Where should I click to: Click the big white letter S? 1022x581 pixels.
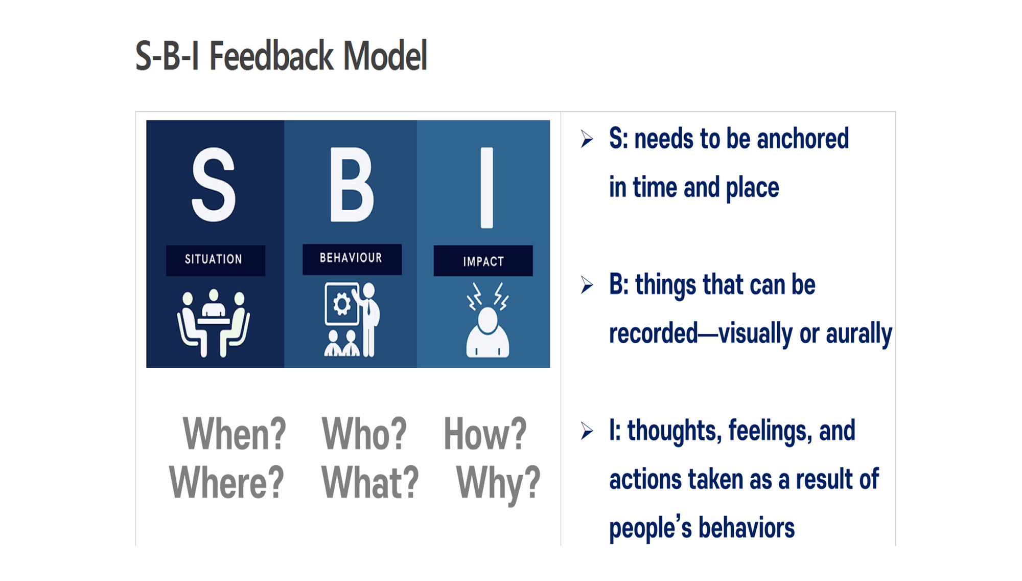click(214, 185)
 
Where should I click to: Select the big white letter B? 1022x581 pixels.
click(352, 185)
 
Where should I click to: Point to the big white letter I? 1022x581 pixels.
click(487, 188)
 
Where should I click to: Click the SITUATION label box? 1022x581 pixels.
click(215, 260)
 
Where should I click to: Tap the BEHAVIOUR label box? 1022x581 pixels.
click(352, 259)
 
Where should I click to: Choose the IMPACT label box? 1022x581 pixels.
click(483, 261)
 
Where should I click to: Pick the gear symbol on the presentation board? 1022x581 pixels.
click(342, 304)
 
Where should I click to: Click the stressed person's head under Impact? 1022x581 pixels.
click(487, 321)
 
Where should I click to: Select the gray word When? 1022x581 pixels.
click(234, 434)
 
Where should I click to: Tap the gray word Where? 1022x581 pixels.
click(226, 482)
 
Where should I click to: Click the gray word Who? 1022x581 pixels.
click(364, 434)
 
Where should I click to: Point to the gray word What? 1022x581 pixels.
click(369, 482)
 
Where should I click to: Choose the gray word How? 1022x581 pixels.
click(485, 434)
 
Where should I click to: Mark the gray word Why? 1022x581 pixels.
click(498, 484)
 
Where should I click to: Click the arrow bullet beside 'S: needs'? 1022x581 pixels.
click(587, 139)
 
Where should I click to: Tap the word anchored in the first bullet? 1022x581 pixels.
click(803, 139)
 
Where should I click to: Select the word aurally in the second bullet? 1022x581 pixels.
click(859, 335)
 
